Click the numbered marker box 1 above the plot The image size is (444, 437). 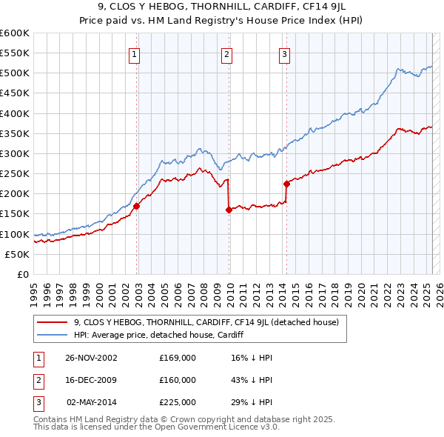(134, 53)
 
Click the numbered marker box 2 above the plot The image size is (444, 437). (226, 53)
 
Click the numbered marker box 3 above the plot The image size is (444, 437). (284, 53)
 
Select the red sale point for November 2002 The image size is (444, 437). (137, 207)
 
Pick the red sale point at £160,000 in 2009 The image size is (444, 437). (229, 210)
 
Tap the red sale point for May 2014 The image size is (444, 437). (286, 184)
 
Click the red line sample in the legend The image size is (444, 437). (52, 322)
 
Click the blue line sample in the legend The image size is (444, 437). (52, 335)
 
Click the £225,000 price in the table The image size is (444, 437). (178, 402)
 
